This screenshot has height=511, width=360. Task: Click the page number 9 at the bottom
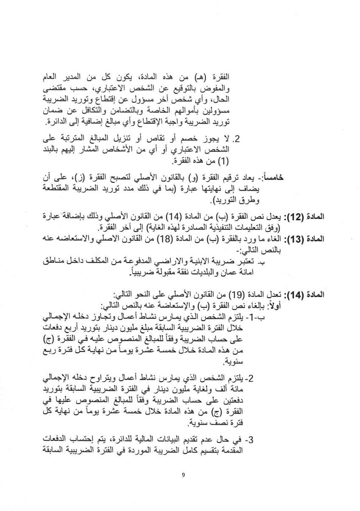(183, 475)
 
